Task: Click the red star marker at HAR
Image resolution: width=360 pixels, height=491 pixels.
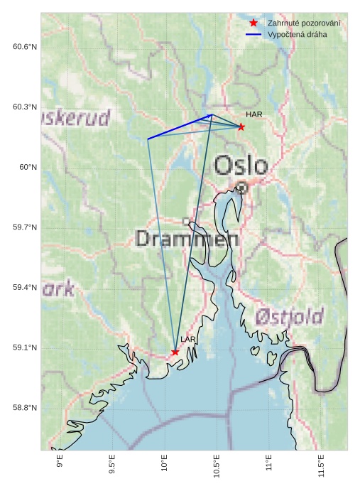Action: pos(241,127)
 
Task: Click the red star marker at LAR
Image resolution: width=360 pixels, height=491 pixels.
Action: pos(175,352)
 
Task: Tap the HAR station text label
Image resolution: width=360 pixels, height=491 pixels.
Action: pos(254,114)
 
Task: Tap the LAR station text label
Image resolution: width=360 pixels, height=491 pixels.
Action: pos(187,340)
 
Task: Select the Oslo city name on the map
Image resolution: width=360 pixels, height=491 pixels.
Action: pos(241,166)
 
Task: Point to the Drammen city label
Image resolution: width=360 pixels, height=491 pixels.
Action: pos(186,239)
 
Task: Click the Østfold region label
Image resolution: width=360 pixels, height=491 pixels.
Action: pos(289,316)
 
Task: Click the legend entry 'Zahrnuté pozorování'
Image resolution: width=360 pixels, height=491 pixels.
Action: pos(303,23)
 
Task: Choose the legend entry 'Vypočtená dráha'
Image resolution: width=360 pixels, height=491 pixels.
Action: pos(298,34)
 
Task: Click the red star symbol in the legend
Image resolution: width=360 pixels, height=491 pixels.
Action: pos(253,23)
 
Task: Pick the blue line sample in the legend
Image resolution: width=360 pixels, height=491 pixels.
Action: pos(253,34)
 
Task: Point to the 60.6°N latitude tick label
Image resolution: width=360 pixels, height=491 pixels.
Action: pos(24,47)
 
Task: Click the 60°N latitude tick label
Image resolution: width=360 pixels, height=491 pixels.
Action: pos(28,167)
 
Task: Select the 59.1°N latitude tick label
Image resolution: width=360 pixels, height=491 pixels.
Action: pos(24,347)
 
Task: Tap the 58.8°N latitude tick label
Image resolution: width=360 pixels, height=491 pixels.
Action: pos(24,408)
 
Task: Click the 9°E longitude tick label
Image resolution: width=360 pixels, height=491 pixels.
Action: pos(60,463)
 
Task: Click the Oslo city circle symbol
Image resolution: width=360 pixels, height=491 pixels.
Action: pos(241,187)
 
